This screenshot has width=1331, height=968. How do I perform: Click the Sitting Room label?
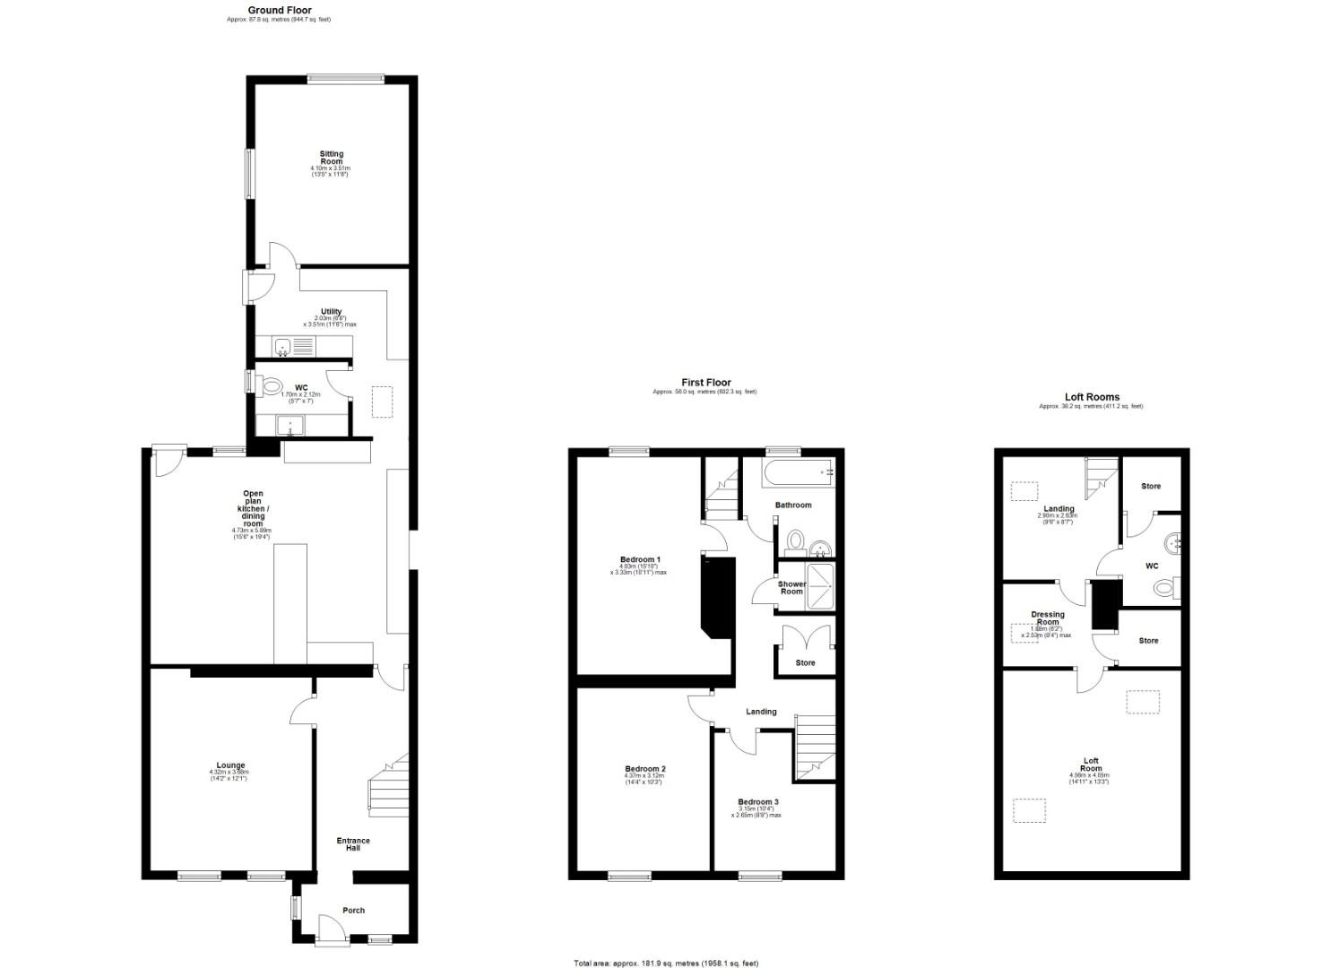(331, 158)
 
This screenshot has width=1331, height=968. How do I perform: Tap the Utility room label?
(331, 312)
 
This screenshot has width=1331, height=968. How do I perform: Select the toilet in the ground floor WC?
(270, 387)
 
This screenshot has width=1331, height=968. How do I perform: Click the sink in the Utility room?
(283, 345)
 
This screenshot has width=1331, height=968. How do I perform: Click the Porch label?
(353, 911)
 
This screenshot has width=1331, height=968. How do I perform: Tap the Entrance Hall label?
(353, 845)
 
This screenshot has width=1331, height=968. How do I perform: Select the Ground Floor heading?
(280, 11)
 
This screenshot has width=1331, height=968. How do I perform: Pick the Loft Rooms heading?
(1092, 397)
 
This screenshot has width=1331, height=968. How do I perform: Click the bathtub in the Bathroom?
(798, 471)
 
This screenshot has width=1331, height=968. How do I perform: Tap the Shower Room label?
(791, 588)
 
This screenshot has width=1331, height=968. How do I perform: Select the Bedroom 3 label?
(758, 802)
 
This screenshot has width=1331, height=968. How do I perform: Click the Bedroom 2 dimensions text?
(644, 779)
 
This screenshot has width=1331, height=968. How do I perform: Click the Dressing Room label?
(1048, 618)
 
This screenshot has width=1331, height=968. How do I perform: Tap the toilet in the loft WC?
(1165, 588)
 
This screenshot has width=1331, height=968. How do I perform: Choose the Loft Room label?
(1090, 764)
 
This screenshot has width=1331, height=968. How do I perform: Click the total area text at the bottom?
(666, 964)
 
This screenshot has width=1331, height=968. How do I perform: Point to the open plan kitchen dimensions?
(252, 533)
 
